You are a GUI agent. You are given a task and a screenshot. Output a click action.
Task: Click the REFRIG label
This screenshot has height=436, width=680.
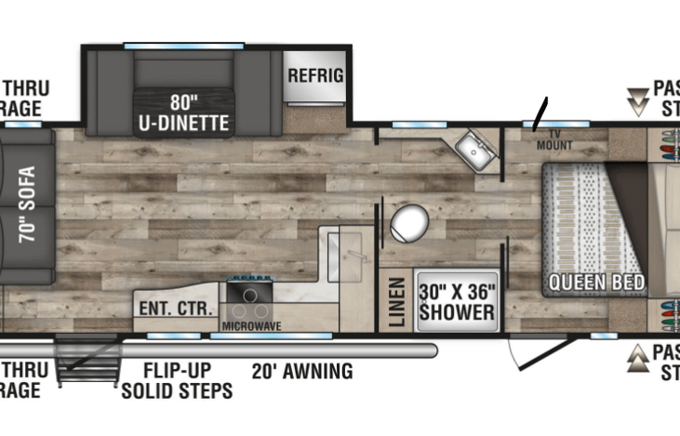pyautogui.click(x=315, y=75)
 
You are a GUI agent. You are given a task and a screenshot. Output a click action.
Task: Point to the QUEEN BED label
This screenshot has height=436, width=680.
pyautogui.click(x=590, y=282)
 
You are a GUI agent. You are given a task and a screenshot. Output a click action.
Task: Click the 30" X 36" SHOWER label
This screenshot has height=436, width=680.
pyautogui.click(x=456, y=300)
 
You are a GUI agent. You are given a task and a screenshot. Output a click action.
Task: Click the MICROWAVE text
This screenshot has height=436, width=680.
pyautogui.click(x=251, y=326)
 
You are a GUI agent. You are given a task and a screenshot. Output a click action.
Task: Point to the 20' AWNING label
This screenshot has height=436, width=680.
pyautogui.click(x=302, y=372)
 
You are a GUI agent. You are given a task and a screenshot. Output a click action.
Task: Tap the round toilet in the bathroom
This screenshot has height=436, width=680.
pyautogui.click(x=409, y=223)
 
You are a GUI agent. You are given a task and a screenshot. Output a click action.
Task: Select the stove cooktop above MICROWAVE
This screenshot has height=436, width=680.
pyautogui.click(x=249, y=299)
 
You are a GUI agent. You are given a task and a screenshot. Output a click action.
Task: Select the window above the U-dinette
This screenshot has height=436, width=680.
pyautogui.click(x=183, y=45)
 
